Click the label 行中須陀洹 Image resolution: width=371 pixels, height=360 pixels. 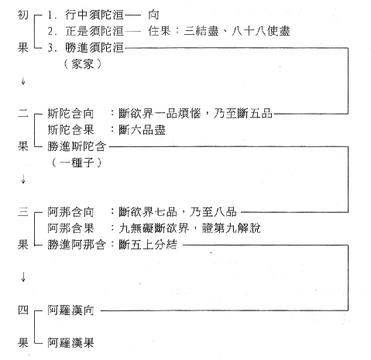(x=94, y=15)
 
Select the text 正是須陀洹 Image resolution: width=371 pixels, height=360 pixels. (x=94, y=31)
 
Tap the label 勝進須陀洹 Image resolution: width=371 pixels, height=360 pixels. (x=94, y=48)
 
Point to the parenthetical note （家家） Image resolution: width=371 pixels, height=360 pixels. (x=83, y=64)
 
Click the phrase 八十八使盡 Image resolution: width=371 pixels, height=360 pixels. (x=261, y=31)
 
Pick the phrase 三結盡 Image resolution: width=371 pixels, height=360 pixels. (x=201, y=31)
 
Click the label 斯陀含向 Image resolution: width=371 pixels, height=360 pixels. (x=70, y=114)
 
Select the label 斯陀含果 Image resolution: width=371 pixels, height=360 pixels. (x=70, y=130)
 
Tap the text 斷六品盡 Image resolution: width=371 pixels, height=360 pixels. (x=142, y=130)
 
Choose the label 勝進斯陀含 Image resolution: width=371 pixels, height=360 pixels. (x=77, y=146)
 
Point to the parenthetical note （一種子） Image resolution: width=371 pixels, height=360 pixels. (x=77, y=163)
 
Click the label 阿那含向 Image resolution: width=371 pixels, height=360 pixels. (x=70, y=212)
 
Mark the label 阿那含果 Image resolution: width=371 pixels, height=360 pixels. (x=70, y=228)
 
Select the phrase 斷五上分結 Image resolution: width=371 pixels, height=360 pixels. (x=148, y=245)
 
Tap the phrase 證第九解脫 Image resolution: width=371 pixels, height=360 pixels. (x=232, y=228)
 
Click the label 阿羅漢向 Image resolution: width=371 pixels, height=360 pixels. (x=70, y=310)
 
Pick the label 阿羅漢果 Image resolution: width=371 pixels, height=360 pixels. (x=70, y=343)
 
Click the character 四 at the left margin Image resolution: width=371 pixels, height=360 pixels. (x=23, y=310)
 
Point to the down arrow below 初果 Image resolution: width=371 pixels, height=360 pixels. (x=23, y=81)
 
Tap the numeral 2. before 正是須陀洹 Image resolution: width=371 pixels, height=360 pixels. (x=52, y=32)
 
